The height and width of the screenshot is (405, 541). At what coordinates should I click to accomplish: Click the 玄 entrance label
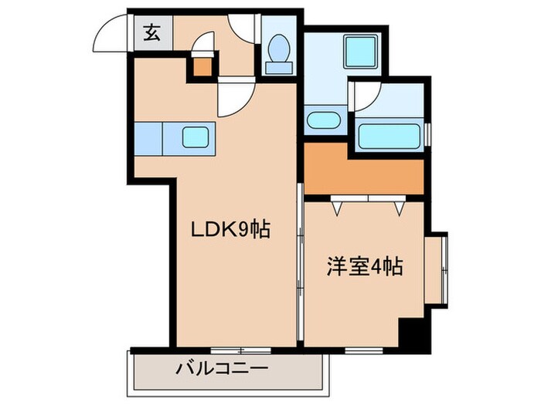pyautogui.click(x=150, y=33)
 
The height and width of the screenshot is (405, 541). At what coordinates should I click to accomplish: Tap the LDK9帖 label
pyautogui.click(x=231, y=230)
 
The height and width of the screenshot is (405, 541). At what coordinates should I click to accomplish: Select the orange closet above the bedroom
pyautogui.click(x=363, y=172)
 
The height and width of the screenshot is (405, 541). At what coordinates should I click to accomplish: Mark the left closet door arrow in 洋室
pyautogui.click(x=338, y=207)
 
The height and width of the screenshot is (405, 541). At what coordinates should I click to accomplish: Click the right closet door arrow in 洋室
pyautogui.click(x=399, y=207)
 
